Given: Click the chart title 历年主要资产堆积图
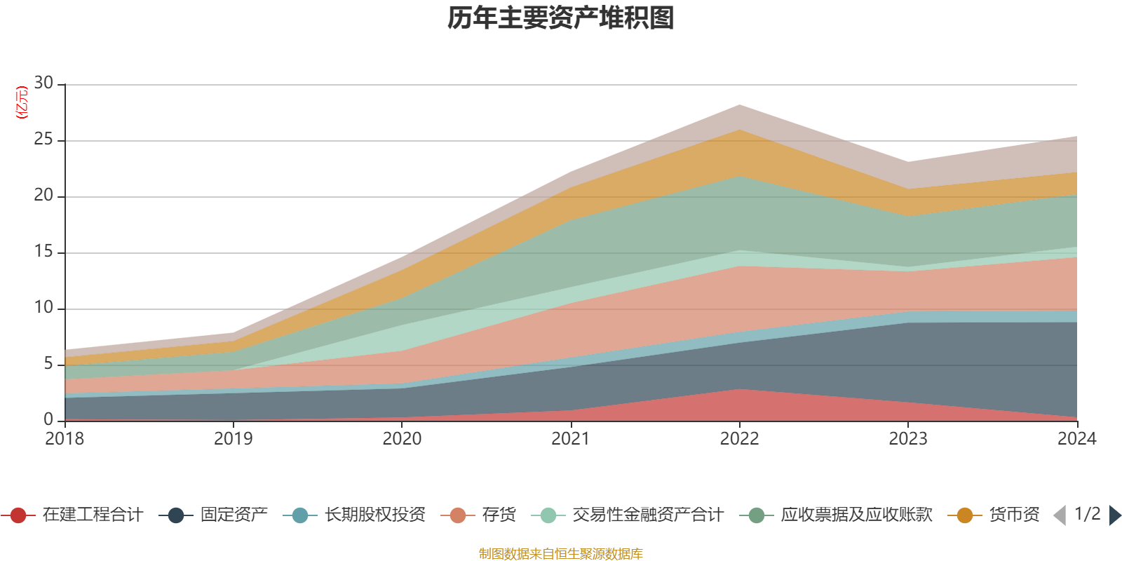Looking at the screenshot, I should [561, 18].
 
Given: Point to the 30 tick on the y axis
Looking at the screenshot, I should [43, 83].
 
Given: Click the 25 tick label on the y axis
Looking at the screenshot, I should [43, 140].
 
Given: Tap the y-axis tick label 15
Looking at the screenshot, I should [43, 252].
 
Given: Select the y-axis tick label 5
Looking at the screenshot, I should [48, 364].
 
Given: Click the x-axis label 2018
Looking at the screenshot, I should [65, 439].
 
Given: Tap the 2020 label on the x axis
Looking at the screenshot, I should [402, 439].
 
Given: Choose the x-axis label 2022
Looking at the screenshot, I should [739, 439].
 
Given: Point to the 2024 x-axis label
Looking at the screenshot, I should [1076, 439].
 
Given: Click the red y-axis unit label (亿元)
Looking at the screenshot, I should [22, 102].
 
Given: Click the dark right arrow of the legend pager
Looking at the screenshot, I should [1114, 515].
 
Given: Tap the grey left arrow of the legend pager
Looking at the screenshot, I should [1060, 515].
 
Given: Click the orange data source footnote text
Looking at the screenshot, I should [561, 554].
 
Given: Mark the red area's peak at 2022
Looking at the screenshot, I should [739, 390].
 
